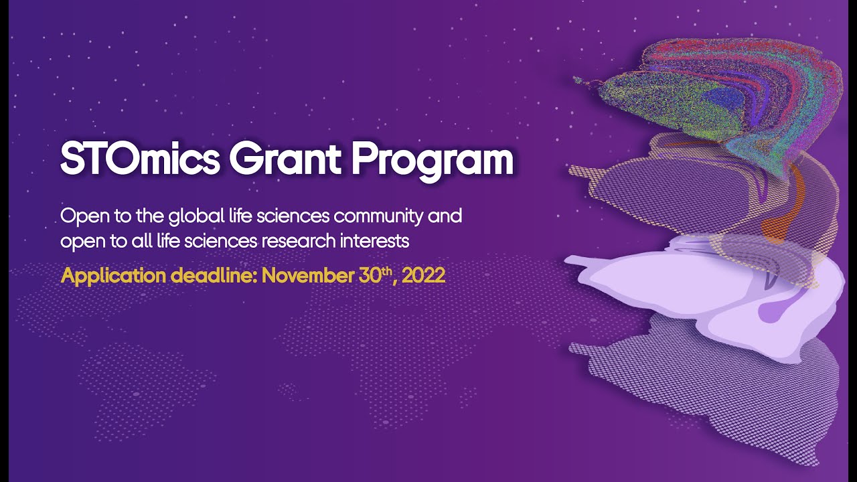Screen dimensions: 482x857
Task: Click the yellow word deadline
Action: coord(206,276)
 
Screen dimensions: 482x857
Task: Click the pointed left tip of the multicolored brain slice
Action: coord(576,80)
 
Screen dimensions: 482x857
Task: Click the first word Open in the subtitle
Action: coord(79,217)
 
